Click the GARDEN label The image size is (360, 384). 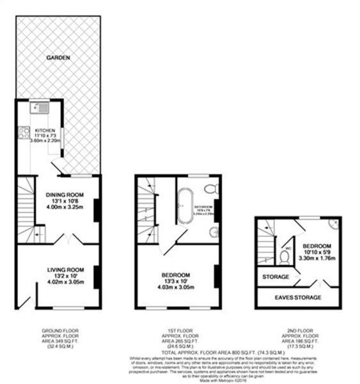click(x=58, y=58)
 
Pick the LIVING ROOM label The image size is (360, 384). click(x=67, y=269)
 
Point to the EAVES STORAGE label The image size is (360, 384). click(x=299, y=298)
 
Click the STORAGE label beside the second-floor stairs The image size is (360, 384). click(x=276, y=277)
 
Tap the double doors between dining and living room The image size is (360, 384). click(x=68, y=241)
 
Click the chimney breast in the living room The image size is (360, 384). click(x=97, y=276)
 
